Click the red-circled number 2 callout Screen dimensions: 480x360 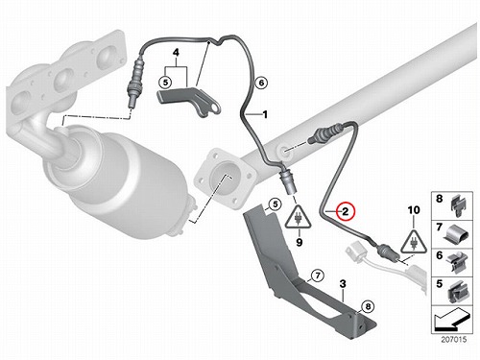tap(345, 211)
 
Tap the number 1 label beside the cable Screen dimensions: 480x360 tap(265, 114)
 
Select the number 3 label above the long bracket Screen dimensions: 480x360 tap(343, 283)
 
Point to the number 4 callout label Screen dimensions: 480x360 tap(176, 52)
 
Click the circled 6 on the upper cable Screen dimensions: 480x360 tap(261, 83)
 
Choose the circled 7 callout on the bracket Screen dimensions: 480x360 tap(318, 276)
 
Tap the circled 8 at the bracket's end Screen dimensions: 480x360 tap(368, 307)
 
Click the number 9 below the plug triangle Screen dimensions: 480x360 tap(299, 242)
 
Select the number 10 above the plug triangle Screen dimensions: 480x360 tap(414, 210)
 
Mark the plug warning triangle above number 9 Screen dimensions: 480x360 tap(299, 218)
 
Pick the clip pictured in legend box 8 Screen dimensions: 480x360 tap(458, 205)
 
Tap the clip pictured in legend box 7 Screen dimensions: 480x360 tap(457, 234)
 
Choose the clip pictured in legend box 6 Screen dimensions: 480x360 tap(458, 262)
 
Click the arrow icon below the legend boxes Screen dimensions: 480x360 tap(453, 320)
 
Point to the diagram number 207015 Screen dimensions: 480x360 tap(454, 339)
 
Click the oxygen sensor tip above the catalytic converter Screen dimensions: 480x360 tap(131, 104)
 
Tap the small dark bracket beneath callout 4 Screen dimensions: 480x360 tap(188, 100)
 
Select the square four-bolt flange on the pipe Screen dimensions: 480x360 tap(225, 180)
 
